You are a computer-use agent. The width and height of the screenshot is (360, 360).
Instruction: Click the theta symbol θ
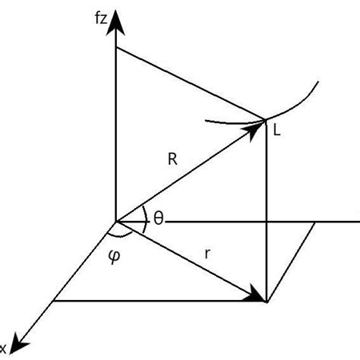[158, 219]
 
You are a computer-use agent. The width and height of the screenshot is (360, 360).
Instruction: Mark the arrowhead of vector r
[258, 296]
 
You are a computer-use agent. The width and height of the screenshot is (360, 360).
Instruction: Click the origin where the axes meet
[115, 223]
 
